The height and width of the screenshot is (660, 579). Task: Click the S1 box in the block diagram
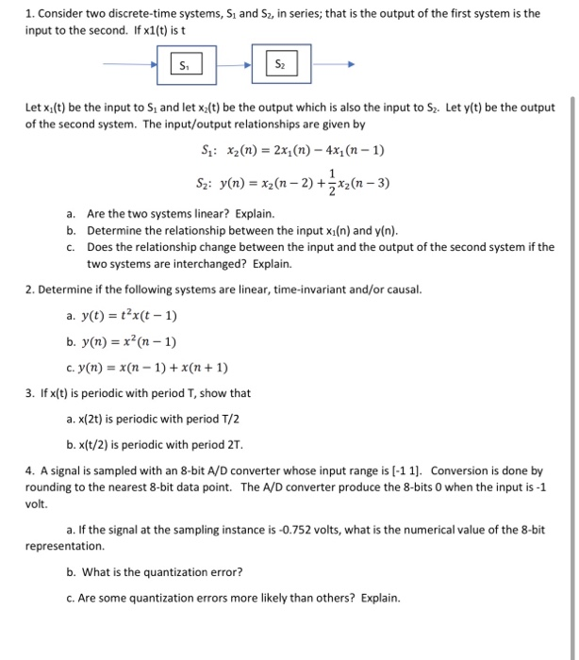(x=184, y=65)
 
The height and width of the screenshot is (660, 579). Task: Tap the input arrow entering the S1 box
(x=133, y=65)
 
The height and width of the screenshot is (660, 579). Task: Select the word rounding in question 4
(x=51, y=487)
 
